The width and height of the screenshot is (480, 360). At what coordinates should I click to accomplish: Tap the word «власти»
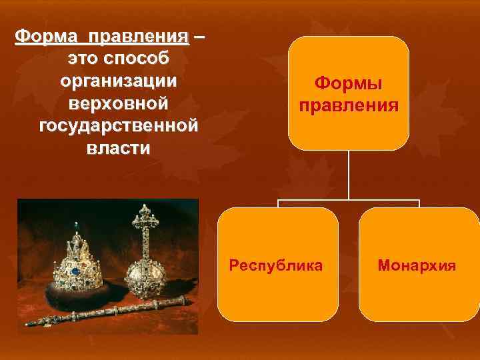(x=118, y=148)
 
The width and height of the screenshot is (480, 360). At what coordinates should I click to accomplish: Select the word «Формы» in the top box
(x=349, y=84)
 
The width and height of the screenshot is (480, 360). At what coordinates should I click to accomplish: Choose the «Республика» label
(x=275, y=265)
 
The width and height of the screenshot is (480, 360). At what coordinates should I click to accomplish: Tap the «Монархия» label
(x=417, y=265)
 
